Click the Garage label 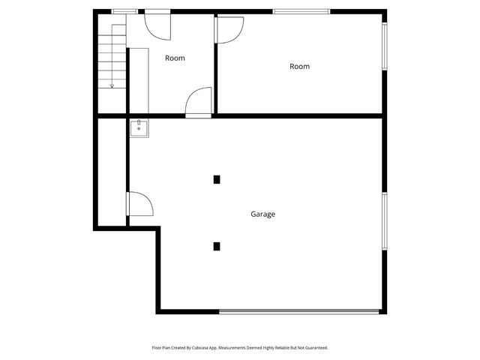pos(262,214)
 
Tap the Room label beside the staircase pos(175,58)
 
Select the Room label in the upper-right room pos(299,67)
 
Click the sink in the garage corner pos(139,129)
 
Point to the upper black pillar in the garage pos(217,179)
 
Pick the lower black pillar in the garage pos(217,246)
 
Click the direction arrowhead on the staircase pos(112,85)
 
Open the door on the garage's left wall pos(139,204)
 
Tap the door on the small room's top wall pos(157,24)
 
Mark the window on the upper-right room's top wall pos(301,11)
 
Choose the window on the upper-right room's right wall pos(385,46)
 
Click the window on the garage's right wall pos(385,220)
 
